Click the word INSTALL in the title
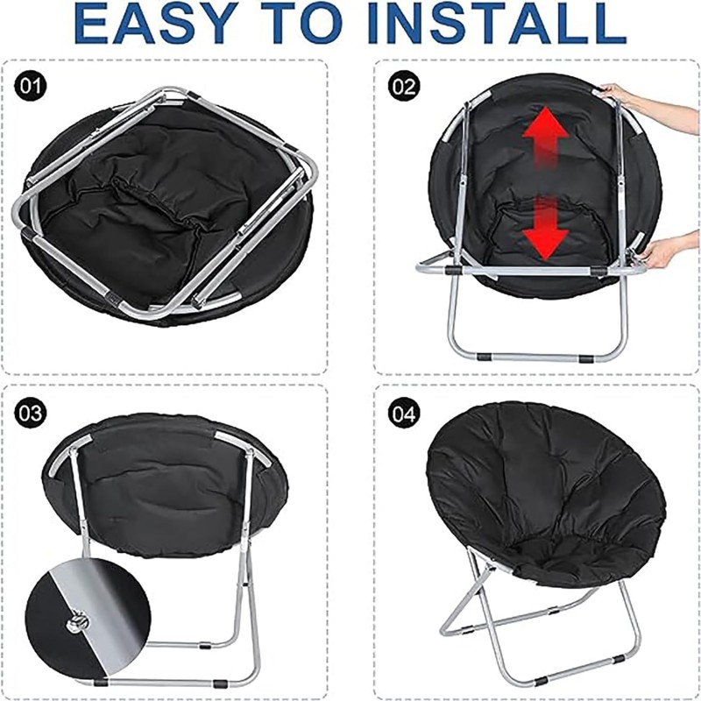pos(497,23)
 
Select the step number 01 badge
pos(31,86)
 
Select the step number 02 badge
pos(404,86)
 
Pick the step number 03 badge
pos(31,412)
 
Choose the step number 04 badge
pos(404,412)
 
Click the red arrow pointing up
pos(546,137)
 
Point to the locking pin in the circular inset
pos(78,622)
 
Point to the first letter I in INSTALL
pos(377,23)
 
